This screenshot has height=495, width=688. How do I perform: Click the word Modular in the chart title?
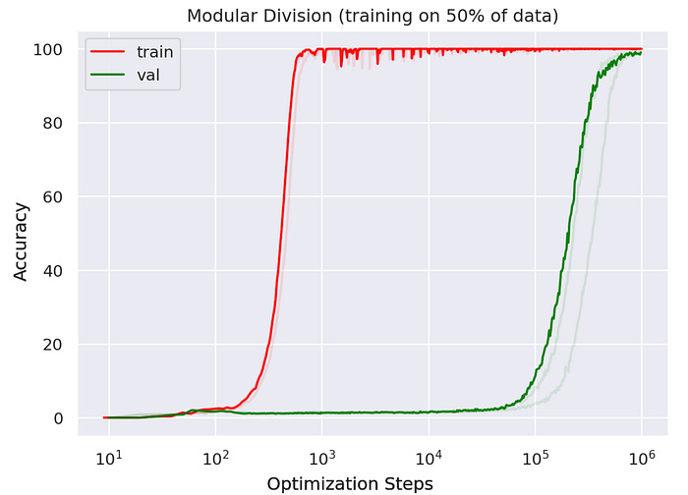(x=243, y=15)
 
